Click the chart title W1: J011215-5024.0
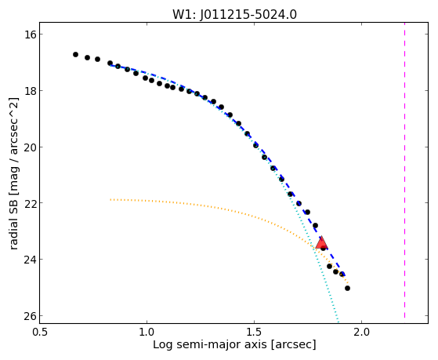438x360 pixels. click(x=234, y=14)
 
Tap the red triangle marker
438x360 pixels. click(x=321, y=243)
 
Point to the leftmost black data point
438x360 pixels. click(x=75, y=54)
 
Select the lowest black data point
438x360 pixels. click(x=347, y=288)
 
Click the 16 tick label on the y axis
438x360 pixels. click(x=30, y=35)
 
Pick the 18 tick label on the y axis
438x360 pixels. click(x=30, y=91)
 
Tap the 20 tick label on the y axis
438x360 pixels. click(x=30, y=147)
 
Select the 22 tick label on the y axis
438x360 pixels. click(x=30, y=203)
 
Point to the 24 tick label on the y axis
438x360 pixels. click(x=30, y=260)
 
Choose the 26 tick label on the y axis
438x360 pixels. click(x=30, y=316)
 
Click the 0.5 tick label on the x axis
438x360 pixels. click(x=40, y=332)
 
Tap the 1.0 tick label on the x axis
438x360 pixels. click(x=147, y=332)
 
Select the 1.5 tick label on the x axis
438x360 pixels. click(x=254, y=332)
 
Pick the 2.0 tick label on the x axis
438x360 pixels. click(x=361, y=332)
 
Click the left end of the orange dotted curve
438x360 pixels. click(x=110, y=199)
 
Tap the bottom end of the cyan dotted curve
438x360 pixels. click(x=338, y=322)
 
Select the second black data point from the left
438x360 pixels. click(x=87, y=57)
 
